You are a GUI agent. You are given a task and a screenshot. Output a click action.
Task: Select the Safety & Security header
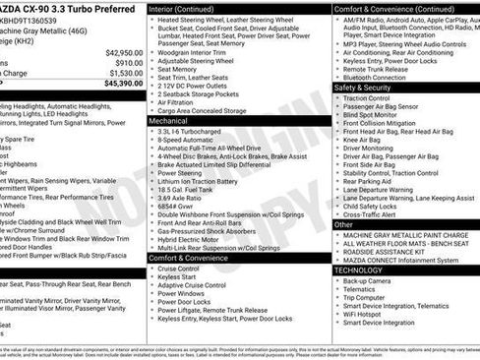coord(363,88)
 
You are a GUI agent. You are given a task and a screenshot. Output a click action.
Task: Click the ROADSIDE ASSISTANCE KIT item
coord(392,251)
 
